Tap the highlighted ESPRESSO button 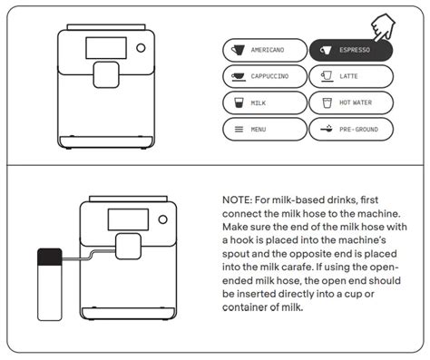tap(351, 50)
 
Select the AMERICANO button tap(265, 50)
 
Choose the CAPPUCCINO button tap(265, 76)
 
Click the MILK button tap(265, 102)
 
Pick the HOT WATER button tap(351, 102)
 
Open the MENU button tap(265, 130)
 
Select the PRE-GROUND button tap(351, 130)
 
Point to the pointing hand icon tap(383, 27)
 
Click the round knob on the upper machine tap(141, 48)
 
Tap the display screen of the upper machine tap(106, 48)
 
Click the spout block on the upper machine tap(106, 75)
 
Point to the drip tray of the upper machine tap(106, 141)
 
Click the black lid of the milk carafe tap(50, 257)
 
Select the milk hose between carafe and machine tap(88, 257)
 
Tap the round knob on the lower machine tap(162, 219)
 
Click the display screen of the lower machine tap(128, 219)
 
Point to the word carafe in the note tap(298, 267)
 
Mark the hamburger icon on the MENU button tap(239, 130)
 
